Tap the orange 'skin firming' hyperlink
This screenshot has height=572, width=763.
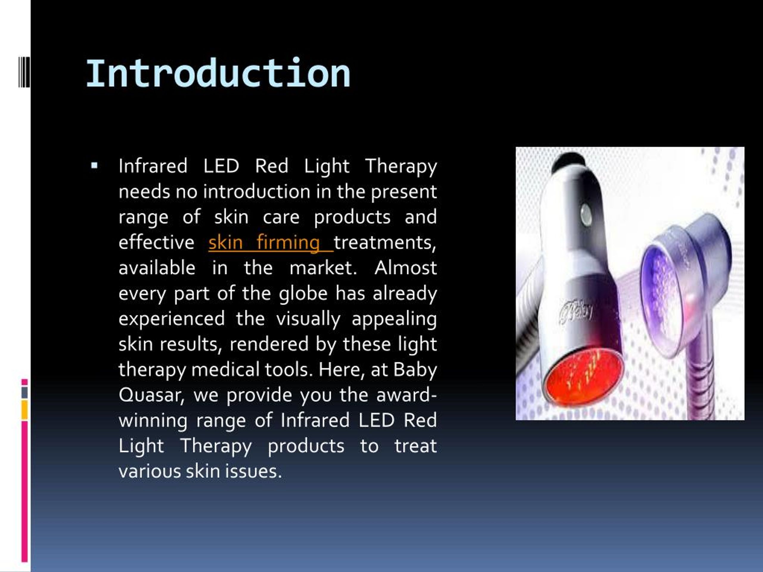pyautogui.click(x=265, y=243)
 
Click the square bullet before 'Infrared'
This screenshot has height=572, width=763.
pyautogui.click(x=94, y=166)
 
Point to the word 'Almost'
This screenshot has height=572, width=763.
pyautogui.click(x=405, y=268)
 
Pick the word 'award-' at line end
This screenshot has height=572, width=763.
pyautogui.click(x=406, y=395)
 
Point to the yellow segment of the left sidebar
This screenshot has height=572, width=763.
pyautogui.click(x=24, y=410)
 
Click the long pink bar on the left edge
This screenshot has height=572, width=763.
pyautogui.click(x=24, y=489)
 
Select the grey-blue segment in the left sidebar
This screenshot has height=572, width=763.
pyautogui.click(x=24, y=392)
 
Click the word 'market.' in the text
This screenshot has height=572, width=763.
pyautogui.click(x=323, y=268)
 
